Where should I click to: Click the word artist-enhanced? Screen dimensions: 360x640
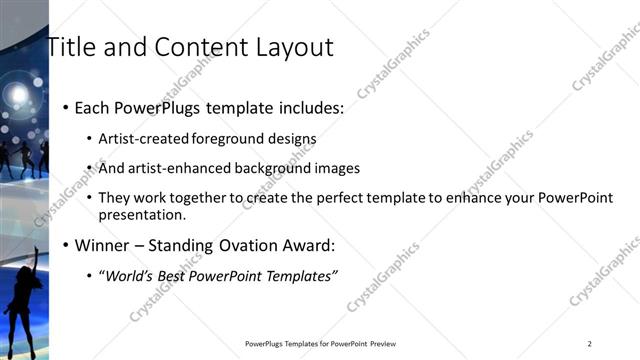pos(171,168)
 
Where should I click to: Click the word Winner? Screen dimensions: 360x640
pos(102,245)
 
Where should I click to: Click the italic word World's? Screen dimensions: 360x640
pos(131,275)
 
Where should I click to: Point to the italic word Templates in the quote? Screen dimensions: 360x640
pos(303,275)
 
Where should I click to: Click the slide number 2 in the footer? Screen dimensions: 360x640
pos(590,344)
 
